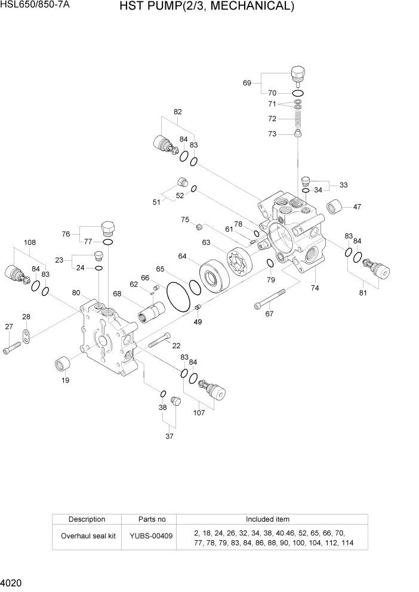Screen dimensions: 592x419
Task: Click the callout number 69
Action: click(x=247, y=83)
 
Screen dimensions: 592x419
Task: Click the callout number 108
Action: click(x=30, y=242)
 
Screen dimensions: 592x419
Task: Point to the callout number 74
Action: click(x=315, y=288)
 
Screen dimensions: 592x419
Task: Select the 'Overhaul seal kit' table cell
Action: click(x=88, y=536)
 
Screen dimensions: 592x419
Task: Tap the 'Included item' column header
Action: click(x=267, y=519)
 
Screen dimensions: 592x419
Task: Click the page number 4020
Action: click(x=11, y=582)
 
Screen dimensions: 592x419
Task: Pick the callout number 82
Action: click(x=178, y=112)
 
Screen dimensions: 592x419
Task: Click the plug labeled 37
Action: click(x=175, y=400)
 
